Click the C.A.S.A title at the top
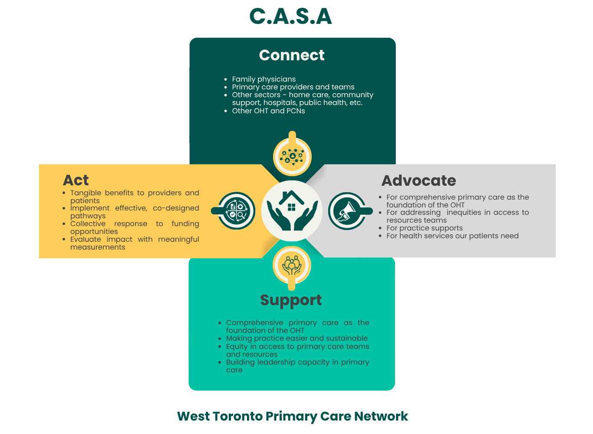[x=290, y=17]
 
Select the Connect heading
[x=292, y=55]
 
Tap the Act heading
[x=76, y=180]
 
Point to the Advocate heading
[x=418, y=181]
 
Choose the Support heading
[x=291, y=300]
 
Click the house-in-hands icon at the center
[x=292, y=210]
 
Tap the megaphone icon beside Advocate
[x=347, y=211]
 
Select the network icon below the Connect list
[x=292, y=156]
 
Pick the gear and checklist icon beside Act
[x=237, y=211]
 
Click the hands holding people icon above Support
[x=292, y=265]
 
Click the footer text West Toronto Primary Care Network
[x=293, y=416]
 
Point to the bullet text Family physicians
[x=264, y=79]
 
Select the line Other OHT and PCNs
[x=268, y=111]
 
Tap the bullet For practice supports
[x=425, y=228]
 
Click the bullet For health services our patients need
[x=452, y=236]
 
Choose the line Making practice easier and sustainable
[x=296, y=338]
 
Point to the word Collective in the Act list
[x=88, y=224]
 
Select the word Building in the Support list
[x=240, y=362]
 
